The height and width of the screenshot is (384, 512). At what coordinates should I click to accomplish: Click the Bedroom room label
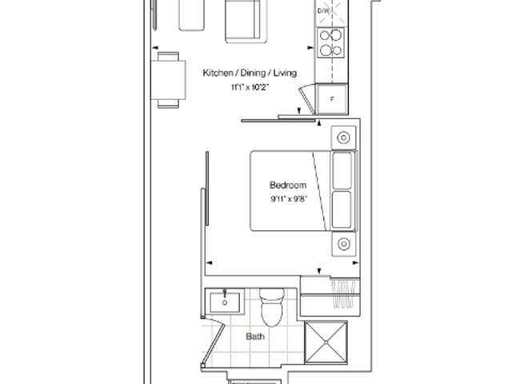coord(288,185)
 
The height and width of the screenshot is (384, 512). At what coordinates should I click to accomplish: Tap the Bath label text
coord(255,336)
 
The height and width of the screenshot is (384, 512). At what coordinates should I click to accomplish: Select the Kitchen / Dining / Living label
coord(250,73)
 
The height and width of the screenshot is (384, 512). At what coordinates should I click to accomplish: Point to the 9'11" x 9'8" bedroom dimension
coord(289,199)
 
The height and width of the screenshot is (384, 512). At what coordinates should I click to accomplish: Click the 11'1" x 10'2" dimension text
coord(250,87)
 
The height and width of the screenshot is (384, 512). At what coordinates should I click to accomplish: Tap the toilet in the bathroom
coord(272,307)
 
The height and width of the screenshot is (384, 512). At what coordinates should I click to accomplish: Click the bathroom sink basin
coord(225,302)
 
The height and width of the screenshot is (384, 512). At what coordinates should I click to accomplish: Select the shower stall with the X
coord(326,342)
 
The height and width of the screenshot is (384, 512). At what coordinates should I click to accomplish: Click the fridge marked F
coord(332,99)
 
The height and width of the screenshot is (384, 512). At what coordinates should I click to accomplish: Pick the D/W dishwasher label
coord(323,10)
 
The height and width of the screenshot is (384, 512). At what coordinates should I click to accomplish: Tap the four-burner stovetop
coord(330,42)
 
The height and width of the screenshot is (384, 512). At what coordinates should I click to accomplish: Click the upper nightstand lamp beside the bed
coord(343,138)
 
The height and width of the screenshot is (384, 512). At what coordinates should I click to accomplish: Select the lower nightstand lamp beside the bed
coord(343,244)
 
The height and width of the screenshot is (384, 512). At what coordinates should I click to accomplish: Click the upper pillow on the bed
coord(342,170)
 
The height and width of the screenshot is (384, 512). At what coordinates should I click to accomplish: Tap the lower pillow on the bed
coord(342,210)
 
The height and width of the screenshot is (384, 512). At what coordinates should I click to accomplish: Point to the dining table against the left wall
coord(169,80)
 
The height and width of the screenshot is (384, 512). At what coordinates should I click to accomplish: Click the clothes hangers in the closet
coord(343,294)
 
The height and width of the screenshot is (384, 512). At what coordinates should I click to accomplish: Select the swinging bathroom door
coord(213,345)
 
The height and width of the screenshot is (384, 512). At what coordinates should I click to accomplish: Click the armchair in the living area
coord(246,22)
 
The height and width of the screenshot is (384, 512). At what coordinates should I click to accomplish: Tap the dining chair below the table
coord(168,104)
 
